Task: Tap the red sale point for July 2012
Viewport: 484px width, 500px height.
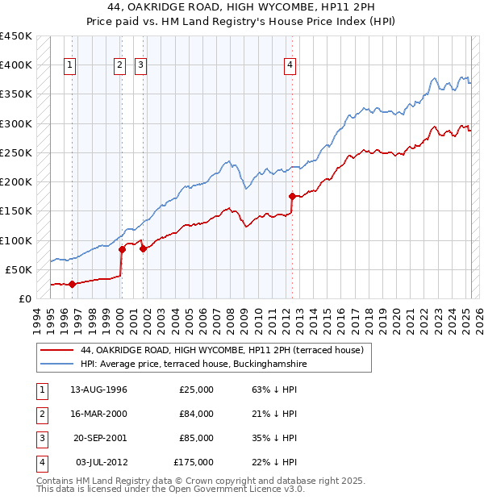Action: click(292, 196)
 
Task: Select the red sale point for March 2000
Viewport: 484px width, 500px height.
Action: click(123, 249)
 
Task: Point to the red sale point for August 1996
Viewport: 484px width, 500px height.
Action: click(72, 284)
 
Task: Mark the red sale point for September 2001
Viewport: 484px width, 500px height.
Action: click(143, 249)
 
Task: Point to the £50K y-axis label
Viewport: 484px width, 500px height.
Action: click(19, 269)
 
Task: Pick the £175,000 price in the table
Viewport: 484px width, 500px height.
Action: click(194, 462)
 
